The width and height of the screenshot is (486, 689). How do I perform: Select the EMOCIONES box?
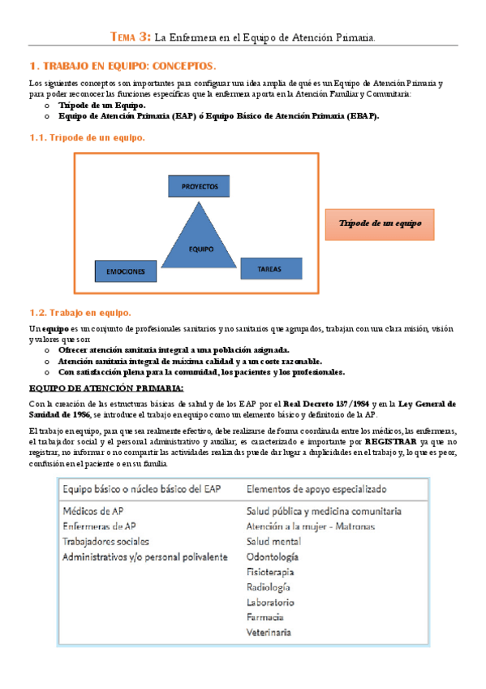pyautogui.click(x=125, y=271)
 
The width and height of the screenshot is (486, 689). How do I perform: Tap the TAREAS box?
pyautogui.click(x=269, y=267)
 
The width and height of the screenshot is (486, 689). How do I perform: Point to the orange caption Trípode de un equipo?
pyautogui.click(x=379, y=223)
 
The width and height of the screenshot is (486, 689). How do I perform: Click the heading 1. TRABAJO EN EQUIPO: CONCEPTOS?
pyautogui.click(x=123, y=65)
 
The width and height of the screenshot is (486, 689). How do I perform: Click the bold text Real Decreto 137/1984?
pyautogui.click(x=318, y=403)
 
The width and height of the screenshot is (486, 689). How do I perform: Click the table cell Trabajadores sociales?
pyautogui.click(x=105, y=541)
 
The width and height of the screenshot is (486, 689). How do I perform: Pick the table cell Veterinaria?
pyautogui.click(x=269, y=632)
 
